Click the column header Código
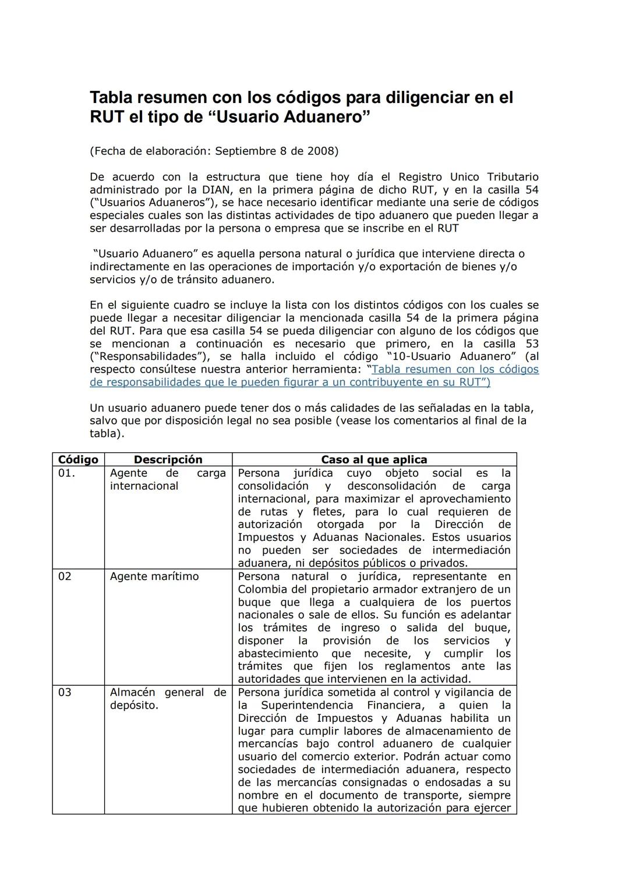(78, 459)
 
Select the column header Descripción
(168, 459)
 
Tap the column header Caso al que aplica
(374, 459)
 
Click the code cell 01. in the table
(67, 473)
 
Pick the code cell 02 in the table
(65, 576)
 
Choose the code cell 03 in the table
(65, 692)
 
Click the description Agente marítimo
(154, 576)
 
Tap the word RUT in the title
(107, 117)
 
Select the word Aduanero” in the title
(327, 117)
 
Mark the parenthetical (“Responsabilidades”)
(151, 356)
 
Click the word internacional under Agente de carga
(144, 486)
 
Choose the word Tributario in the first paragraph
(513, 176)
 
